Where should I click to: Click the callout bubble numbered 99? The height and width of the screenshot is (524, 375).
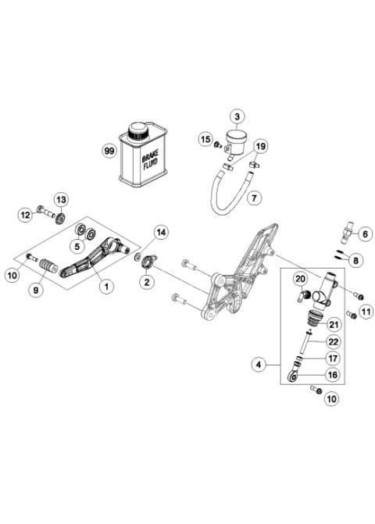(110, 149)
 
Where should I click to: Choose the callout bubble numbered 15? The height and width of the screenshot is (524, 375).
(206, 140)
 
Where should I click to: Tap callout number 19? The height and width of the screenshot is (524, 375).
(261, 146)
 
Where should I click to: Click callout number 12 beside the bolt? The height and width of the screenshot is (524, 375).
(25, 213)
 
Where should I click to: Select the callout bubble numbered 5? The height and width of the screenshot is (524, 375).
(76, 247)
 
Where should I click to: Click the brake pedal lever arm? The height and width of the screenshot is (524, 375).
(91, 255)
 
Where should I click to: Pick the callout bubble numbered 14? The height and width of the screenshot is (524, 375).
(160, 232)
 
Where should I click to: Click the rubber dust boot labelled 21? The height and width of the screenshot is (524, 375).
(317, 320)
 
